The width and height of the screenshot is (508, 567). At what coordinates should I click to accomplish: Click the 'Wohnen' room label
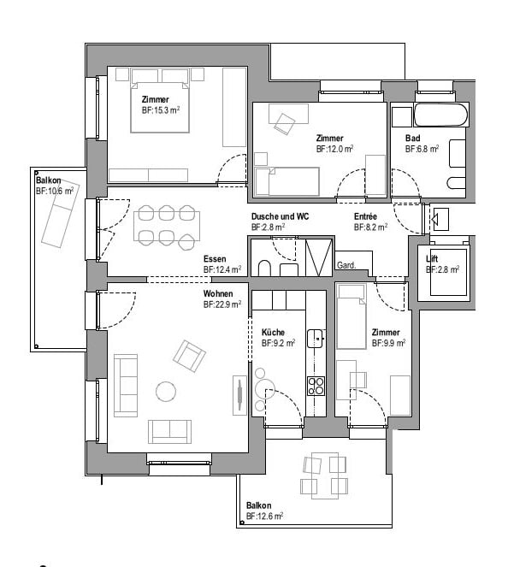click(x=217, y=293)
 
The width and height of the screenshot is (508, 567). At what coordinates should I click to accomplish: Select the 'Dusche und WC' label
click(x=280, y=217)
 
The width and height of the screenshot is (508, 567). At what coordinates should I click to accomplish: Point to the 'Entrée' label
click(x=365, y=217)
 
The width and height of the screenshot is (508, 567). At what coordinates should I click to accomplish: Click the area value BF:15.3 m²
click(x=160, y=110)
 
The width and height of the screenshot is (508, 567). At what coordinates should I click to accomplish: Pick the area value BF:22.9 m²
click(x=222, y=304)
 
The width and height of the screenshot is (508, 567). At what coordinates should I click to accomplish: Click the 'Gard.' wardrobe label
click(x=346, y=265)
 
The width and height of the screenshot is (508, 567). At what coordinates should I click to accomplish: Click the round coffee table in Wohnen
click(x=166, y=391)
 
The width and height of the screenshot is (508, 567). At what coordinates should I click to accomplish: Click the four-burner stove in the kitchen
click(x=316, y=385)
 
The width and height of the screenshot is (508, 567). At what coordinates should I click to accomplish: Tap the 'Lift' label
click(x=433, y=259)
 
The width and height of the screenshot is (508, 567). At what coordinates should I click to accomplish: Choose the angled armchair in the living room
click(x=189, y=355)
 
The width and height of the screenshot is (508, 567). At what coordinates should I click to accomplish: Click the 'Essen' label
click(x=215, y=259)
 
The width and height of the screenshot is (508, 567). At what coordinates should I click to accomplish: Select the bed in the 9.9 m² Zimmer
click(x=351, y=317)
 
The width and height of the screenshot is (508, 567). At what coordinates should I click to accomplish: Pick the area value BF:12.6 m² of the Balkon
click(x=264, y=516)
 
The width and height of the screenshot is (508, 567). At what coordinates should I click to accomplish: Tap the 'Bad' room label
click(x=413, y=138)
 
